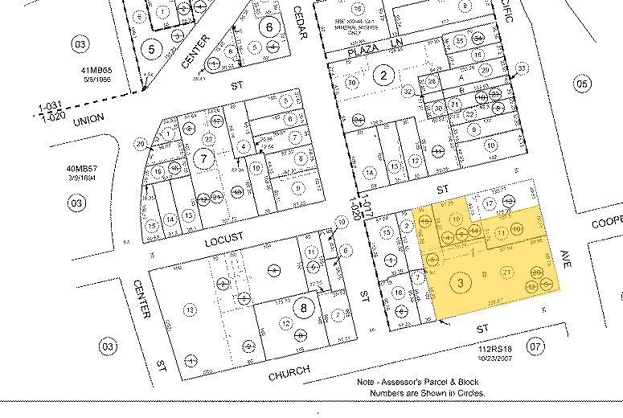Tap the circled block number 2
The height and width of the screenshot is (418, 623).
pos(384,76)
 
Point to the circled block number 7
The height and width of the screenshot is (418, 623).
pos(205,159)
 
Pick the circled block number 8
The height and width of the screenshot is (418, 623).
pos(302,308)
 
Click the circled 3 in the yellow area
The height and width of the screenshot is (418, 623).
pos(461,282)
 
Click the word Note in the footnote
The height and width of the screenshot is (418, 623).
pos(367,383)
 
